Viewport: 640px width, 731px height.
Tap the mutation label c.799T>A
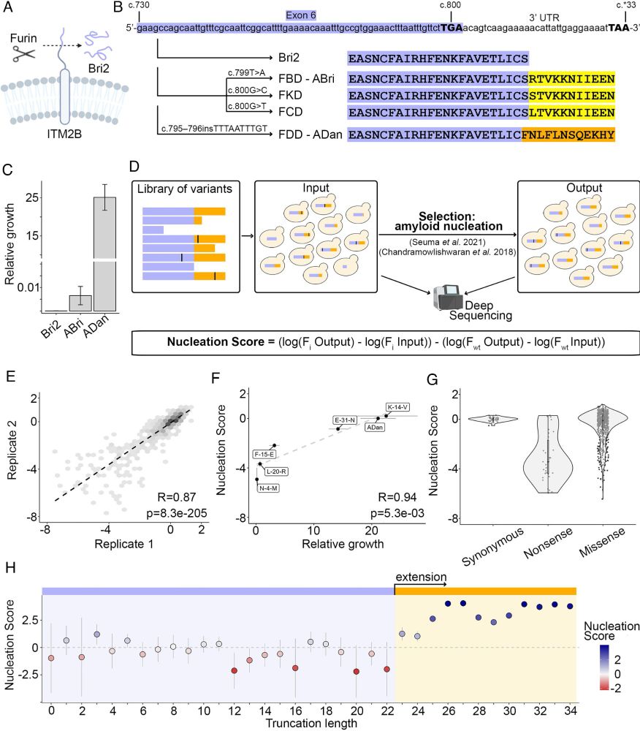pyautogui.click(x=251, y=74)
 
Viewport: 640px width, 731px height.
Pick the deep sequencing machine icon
pyautogui.click(x=445, y=298)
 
